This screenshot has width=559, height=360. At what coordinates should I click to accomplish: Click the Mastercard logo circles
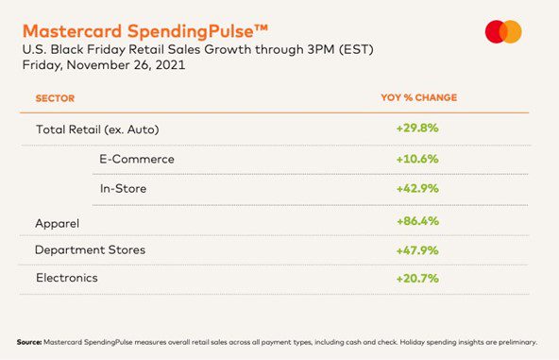coord(503,32)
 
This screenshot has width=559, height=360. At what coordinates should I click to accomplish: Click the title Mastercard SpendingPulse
coord(144,31)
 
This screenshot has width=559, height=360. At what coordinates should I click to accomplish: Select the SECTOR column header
coord(55,98)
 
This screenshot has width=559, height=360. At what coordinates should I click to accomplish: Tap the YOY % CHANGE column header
coord(419,97)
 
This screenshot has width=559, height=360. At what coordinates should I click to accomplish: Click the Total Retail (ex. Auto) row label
coord(97,129)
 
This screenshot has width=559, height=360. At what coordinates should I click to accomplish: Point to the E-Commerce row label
coord(137,159)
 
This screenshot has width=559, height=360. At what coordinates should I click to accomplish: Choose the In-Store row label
coord(123,188)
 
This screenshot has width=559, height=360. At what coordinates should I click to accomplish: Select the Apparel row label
coord(57,224)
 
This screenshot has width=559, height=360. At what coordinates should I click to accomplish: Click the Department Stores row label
coord(90,249)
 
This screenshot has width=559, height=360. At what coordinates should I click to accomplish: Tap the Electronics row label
coord(67,278)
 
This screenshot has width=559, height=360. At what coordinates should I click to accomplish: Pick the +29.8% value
coord(417,128)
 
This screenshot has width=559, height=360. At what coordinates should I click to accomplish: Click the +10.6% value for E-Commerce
coord(417,159)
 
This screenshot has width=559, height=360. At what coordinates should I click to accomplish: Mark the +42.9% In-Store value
coord(417,188)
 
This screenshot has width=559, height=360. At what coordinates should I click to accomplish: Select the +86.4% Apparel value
coord(417,221)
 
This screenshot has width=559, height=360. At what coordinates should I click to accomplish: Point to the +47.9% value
coord(417,250)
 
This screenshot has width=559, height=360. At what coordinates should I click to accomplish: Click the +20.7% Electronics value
coord(417,279)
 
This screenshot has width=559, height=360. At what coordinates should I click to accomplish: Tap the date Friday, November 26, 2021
coord(104,65)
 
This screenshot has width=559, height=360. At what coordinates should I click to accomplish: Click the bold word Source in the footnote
coord(29,342)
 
